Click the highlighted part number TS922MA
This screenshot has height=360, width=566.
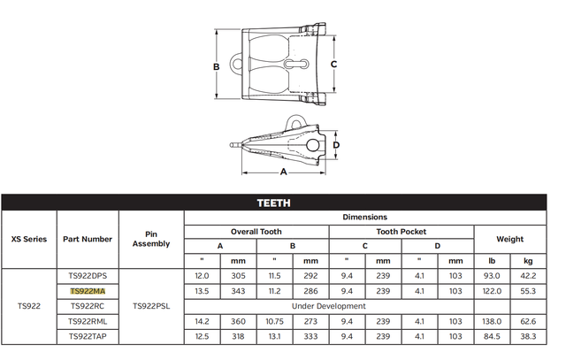tap(88, 290)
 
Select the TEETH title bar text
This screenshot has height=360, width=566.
tap(273, 203)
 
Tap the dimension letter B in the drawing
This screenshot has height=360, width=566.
tap(216, 67)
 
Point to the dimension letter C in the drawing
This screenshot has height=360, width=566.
tap(334, 65)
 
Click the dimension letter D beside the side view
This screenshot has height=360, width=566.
tap(336, 145)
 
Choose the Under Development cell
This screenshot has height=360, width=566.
tap(328, 306)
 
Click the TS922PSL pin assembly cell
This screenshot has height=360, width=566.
tap(151, 306)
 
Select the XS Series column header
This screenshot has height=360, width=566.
tap(29, 239)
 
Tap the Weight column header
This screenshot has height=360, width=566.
tap(509, 239)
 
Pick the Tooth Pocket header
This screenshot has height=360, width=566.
tap(401, 232)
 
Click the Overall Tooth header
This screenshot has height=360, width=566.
tap(256, 232)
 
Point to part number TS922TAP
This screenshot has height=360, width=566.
tap(88, 336)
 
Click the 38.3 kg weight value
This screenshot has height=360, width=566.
tap(528, 336)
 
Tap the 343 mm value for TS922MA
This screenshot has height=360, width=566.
tap(238, 290)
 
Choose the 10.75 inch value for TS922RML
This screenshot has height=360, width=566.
tap(274, 321)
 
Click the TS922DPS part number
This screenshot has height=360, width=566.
tap(88, 275)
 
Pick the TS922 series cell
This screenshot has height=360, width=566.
tap(29, 306)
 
